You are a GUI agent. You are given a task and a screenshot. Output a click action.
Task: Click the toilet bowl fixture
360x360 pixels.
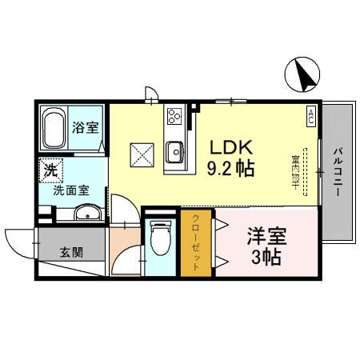click(161, 238)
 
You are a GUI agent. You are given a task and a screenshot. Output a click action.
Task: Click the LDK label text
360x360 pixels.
click(232, 147)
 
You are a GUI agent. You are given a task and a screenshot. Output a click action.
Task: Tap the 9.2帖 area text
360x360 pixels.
click(232, 170)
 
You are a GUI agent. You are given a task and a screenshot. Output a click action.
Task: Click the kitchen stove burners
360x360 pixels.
click(174, 119)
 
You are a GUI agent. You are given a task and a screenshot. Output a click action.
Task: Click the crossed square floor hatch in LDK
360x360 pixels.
click(142, 152)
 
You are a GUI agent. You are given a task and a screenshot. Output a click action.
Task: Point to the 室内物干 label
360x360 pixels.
click(296, 171)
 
